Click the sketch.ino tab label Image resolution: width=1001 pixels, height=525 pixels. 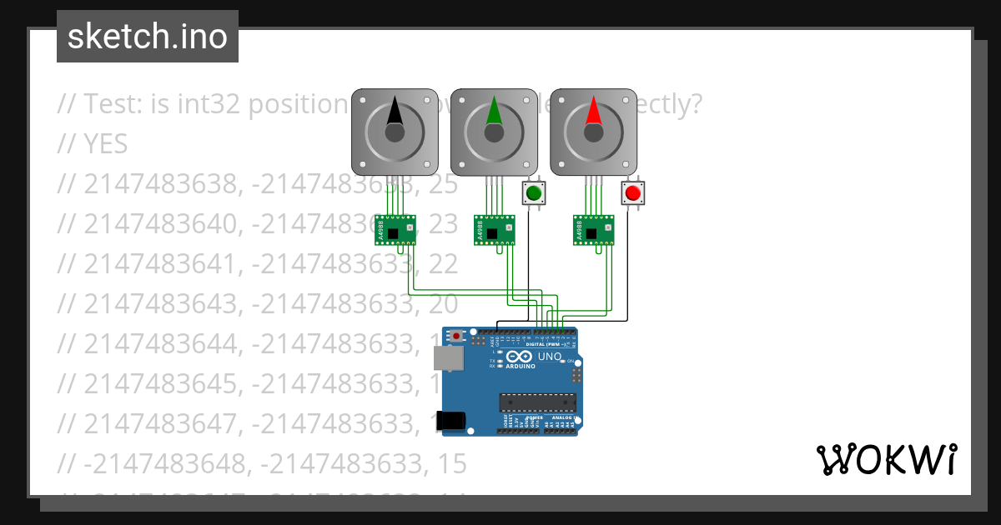(148, 37)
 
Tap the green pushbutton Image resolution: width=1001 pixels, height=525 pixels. (533, 193)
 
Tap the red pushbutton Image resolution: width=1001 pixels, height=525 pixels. (633, 193)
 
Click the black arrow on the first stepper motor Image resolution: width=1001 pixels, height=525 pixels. (395, 112)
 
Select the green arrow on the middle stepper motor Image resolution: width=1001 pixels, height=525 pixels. (494, 112)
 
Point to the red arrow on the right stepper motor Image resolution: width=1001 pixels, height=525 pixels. (593, 112)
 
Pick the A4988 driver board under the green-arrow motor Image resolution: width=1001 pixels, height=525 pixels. (495, 229)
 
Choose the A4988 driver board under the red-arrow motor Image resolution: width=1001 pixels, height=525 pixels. (594, 229)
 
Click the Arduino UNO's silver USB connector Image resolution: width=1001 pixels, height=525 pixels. (449, 358)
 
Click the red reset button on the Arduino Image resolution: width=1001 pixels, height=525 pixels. (456, 336)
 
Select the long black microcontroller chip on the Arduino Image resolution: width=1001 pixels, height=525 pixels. (537, 402)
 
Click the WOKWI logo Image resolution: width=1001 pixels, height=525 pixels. (887, 459)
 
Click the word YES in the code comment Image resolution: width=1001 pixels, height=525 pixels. (106, 144)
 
